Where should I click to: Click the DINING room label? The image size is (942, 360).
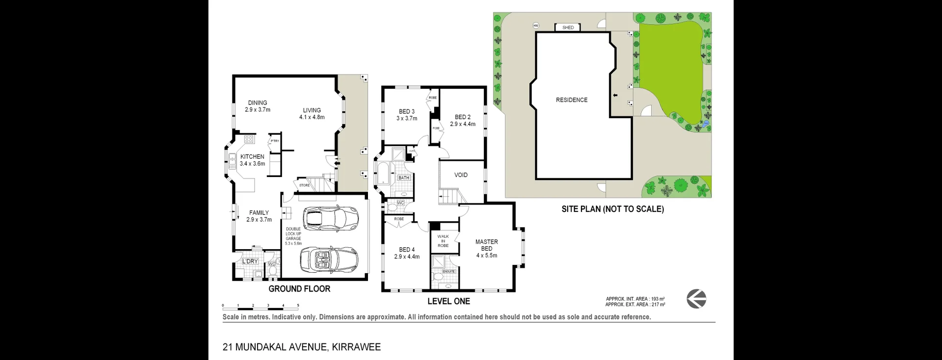click(258, 103)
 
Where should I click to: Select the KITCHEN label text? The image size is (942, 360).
click(252, 157)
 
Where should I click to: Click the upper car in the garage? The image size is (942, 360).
click(330, 218)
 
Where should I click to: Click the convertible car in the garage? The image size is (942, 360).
click(328, 259)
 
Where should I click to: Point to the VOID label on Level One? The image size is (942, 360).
click(461, 175)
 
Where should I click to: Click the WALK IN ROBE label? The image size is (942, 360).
click(443, 241)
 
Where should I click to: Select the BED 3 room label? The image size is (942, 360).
click(406, 112)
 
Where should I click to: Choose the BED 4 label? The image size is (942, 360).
click(407, 250)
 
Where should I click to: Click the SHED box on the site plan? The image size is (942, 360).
click(568, 27)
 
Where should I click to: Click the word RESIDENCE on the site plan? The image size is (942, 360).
click(572, 100)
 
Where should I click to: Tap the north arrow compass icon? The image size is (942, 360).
click(696, 299)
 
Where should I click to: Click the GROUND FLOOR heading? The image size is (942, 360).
click(299, 289)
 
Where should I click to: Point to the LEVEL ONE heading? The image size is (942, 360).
click(448, 302)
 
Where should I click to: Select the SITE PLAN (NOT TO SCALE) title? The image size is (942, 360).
click(612, 209)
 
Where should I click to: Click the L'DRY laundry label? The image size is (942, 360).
click(250, 261)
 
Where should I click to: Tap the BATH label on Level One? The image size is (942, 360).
click(404, 178)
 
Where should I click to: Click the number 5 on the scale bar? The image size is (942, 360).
click(298, 306)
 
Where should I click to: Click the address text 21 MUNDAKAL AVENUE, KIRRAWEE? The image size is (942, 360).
click(302, 347)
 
